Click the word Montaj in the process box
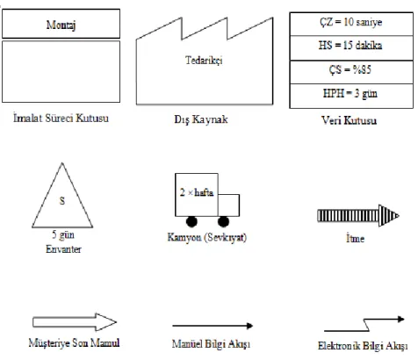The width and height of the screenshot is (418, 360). [x=61, y=25]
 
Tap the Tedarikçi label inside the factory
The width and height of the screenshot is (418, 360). [x=204, y=61]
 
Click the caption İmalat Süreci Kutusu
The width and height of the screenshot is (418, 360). [x=61, y=118]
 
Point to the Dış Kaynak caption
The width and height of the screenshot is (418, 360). [x=201, y=119]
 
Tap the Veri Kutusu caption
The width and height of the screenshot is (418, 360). [x=349, y=120]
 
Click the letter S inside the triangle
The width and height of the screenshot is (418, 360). [x=62, y=201]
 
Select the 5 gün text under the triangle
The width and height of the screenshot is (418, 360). [x=63, y=235]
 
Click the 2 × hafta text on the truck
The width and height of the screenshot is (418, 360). [x=197, y=192]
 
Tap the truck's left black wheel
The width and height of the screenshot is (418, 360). [x=191, y=221]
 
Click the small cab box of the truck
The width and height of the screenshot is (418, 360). [x=228, y=205]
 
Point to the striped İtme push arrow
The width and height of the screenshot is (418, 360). [x=358, y=216]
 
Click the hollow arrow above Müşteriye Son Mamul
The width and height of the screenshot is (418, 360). [x=75, y=322]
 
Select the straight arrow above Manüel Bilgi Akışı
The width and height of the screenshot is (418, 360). [x=213, y=326]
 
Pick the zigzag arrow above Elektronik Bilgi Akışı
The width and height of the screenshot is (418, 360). [x=365, y=325]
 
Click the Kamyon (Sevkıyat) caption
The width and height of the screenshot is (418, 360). [x=207, y=237]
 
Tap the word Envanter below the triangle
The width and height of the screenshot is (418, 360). [x=63, y=249]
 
